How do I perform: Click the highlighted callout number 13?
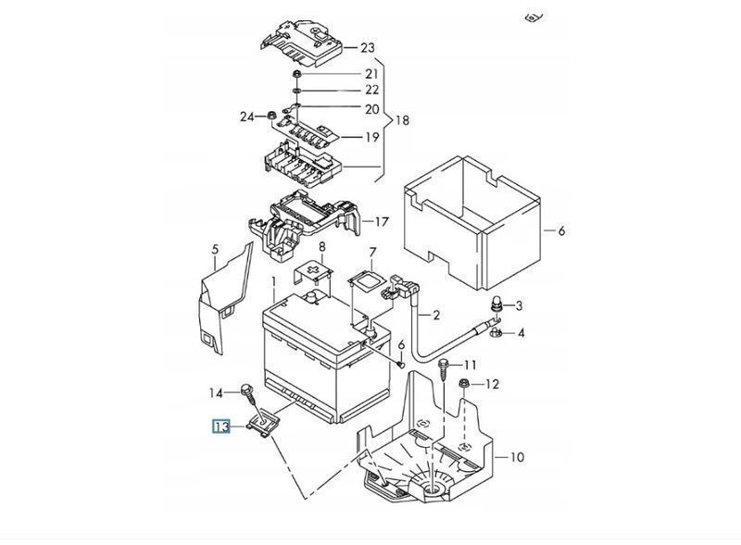click(x=220, y=427)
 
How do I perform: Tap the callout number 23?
click(x=367, y=48)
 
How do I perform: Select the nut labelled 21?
click(x=296, y=74)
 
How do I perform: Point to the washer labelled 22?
click(x=296, y=90)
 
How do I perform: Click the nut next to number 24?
click(x=271, y=115)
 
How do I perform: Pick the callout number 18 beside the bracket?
click(x=402, y=120)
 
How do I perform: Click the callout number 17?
click(x=382, y=221)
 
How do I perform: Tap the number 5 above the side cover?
click(x=216, y=249)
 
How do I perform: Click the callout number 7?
click(x=372, y=254)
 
